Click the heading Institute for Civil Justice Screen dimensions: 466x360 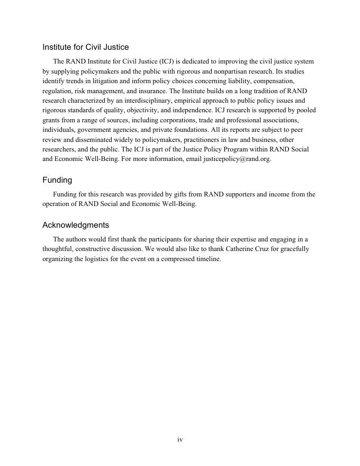(86, 47)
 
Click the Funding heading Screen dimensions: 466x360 (57, 180)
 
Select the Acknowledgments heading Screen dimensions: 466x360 (76, 225)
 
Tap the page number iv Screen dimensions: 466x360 (180, 440)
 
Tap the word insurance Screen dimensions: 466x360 (152, 91)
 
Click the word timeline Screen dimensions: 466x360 (207, 259)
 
